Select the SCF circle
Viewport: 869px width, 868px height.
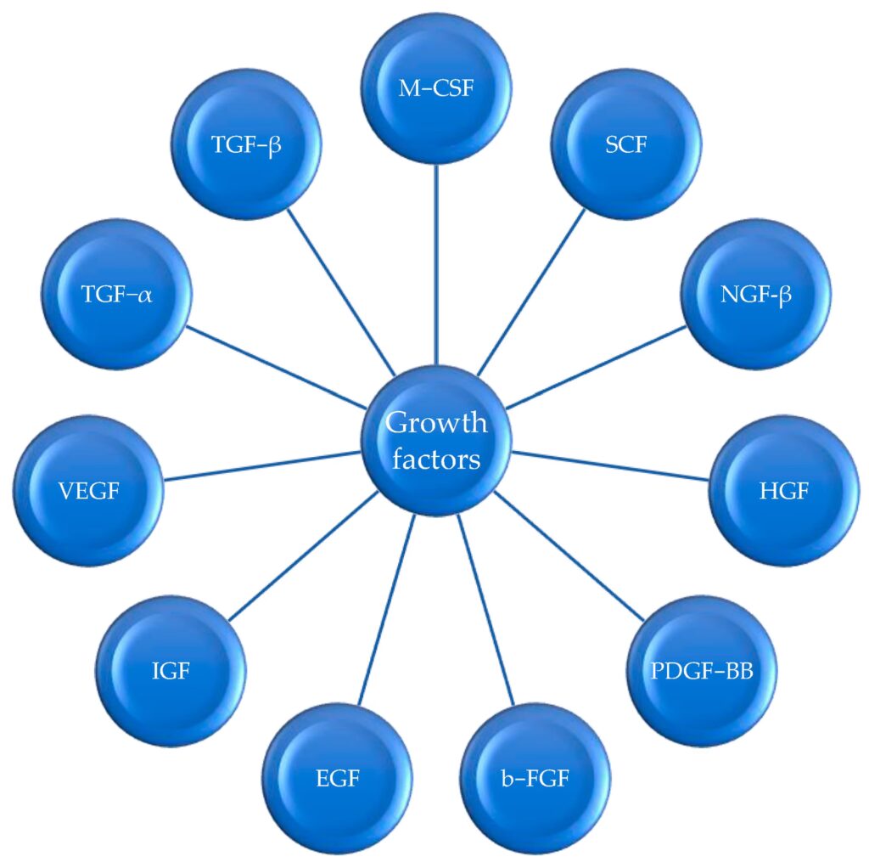tap(626, 144)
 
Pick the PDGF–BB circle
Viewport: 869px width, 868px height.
tap(702, 670)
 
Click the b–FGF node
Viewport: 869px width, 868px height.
tap(536, 777)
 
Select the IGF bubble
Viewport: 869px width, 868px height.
tap(172, 671)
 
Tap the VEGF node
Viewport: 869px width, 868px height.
tap(90, 490)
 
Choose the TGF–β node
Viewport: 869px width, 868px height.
tap(246, 144)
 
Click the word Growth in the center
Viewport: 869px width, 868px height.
tap(436, 422)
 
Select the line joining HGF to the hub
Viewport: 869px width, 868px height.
tap(611, 466)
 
